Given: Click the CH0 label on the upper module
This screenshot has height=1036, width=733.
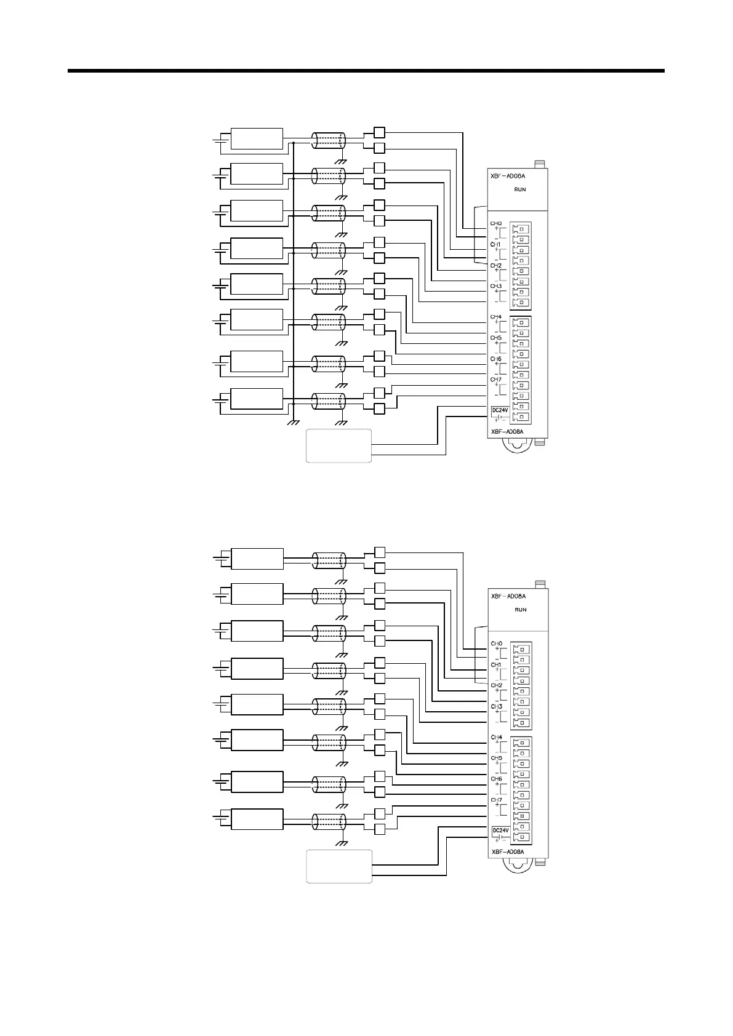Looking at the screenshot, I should pyautogui.click(x=495, y=223).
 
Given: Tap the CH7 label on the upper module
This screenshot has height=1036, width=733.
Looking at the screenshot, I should pyautogui.click(x=495, y=380).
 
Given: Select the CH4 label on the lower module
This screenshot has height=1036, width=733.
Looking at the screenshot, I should pyautogui.click(x=496, y=737).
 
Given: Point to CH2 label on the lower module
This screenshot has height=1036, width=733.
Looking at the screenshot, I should pyautogui.click(x=496, y=685).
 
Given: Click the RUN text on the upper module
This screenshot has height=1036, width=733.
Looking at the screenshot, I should pyautogui.click(x=520, y=189).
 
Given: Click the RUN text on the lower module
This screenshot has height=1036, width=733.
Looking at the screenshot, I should pyautogui.click(x=521, y=610).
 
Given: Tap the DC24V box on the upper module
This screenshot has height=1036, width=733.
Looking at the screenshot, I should pyautogui.click(x=499, y=410).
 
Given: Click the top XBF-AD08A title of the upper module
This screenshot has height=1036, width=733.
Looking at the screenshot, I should pyautogui.click(x=508, y=176).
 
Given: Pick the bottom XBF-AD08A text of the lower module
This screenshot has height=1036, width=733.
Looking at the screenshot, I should pyautogui.click(x=508, y=852).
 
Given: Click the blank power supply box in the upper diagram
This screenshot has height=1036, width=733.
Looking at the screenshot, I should pyautogui.click(x=339, y=445).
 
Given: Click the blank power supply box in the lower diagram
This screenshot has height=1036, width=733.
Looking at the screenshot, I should pyautogui.click(x=339, y=866).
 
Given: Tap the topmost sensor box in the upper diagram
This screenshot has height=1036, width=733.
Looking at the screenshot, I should pyautogui.click(x=257, y=139).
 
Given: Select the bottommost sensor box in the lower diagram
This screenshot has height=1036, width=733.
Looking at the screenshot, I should pyautogui.click(x=257, y=819).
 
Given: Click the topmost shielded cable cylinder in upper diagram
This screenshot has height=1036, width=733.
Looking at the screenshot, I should pyautogui.click(x=329, y=140).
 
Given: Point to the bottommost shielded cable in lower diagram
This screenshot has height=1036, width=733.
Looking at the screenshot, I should pyautogui.click(x=329, y=821).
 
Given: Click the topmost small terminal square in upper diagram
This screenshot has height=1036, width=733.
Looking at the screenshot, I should pyautogui.click(x=379, y=132).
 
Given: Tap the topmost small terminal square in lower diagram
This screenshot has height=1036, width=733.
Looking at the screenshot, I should pyautogui.click(x=380, y=552).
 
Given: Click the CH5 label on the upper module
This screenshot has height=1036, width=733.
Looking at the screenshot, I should pyautogui.click(x=495, y=338).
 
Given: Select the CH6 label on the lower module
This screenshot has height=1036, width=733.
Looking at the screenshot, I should pyautogui.click(x=496, y=779).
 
